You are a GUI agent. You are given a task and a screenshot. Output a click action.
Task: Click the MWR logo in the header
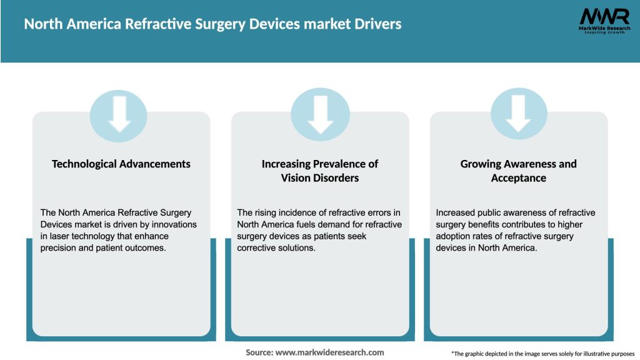pyautogui.click(x=604, y=20)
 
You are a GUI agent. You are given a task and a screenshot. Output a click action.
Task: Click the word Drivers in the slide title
pyautogui.click(x=377, y=24)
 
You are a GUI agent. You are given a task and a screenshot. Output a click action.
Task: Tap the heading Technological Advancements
pyautogui.click(x=121, y=164)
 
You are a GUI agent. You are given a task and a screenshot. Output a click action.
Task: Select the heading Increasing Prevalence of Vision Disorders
pyautogui.click(x=320, y=171)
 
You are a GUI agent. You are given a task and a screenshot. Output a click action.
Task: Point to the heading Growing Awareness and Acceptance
pyautogui.click(x=518, y=171)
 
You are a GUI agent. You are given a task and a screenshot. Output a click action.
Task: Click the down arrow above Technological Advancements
pyautogui.click(x=119, y=113)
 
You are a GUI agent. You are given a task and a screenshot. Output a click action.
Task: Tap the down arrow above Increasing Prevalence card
pyautogui.click(x=320, y=113)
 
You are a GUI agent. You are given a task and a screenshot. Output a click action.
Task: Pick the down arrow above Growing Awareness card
pyautogui.click(x=518, y=113)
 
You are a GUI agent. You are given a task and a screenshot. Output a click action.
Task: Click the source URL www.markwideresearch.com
pyautogui.click(x=330, y=352)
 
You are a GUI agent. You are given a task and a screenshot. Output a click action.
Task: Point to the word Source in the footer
pyautogui.click(x=259, y=352)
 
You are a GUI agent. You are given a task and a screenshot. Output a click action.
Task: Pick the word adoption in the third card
pyautogui.click(x=457, y=236)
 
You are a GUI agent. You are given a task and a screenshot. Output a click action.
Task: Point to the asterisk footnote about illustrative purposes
pyautogui.click(x=542, y=354)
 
